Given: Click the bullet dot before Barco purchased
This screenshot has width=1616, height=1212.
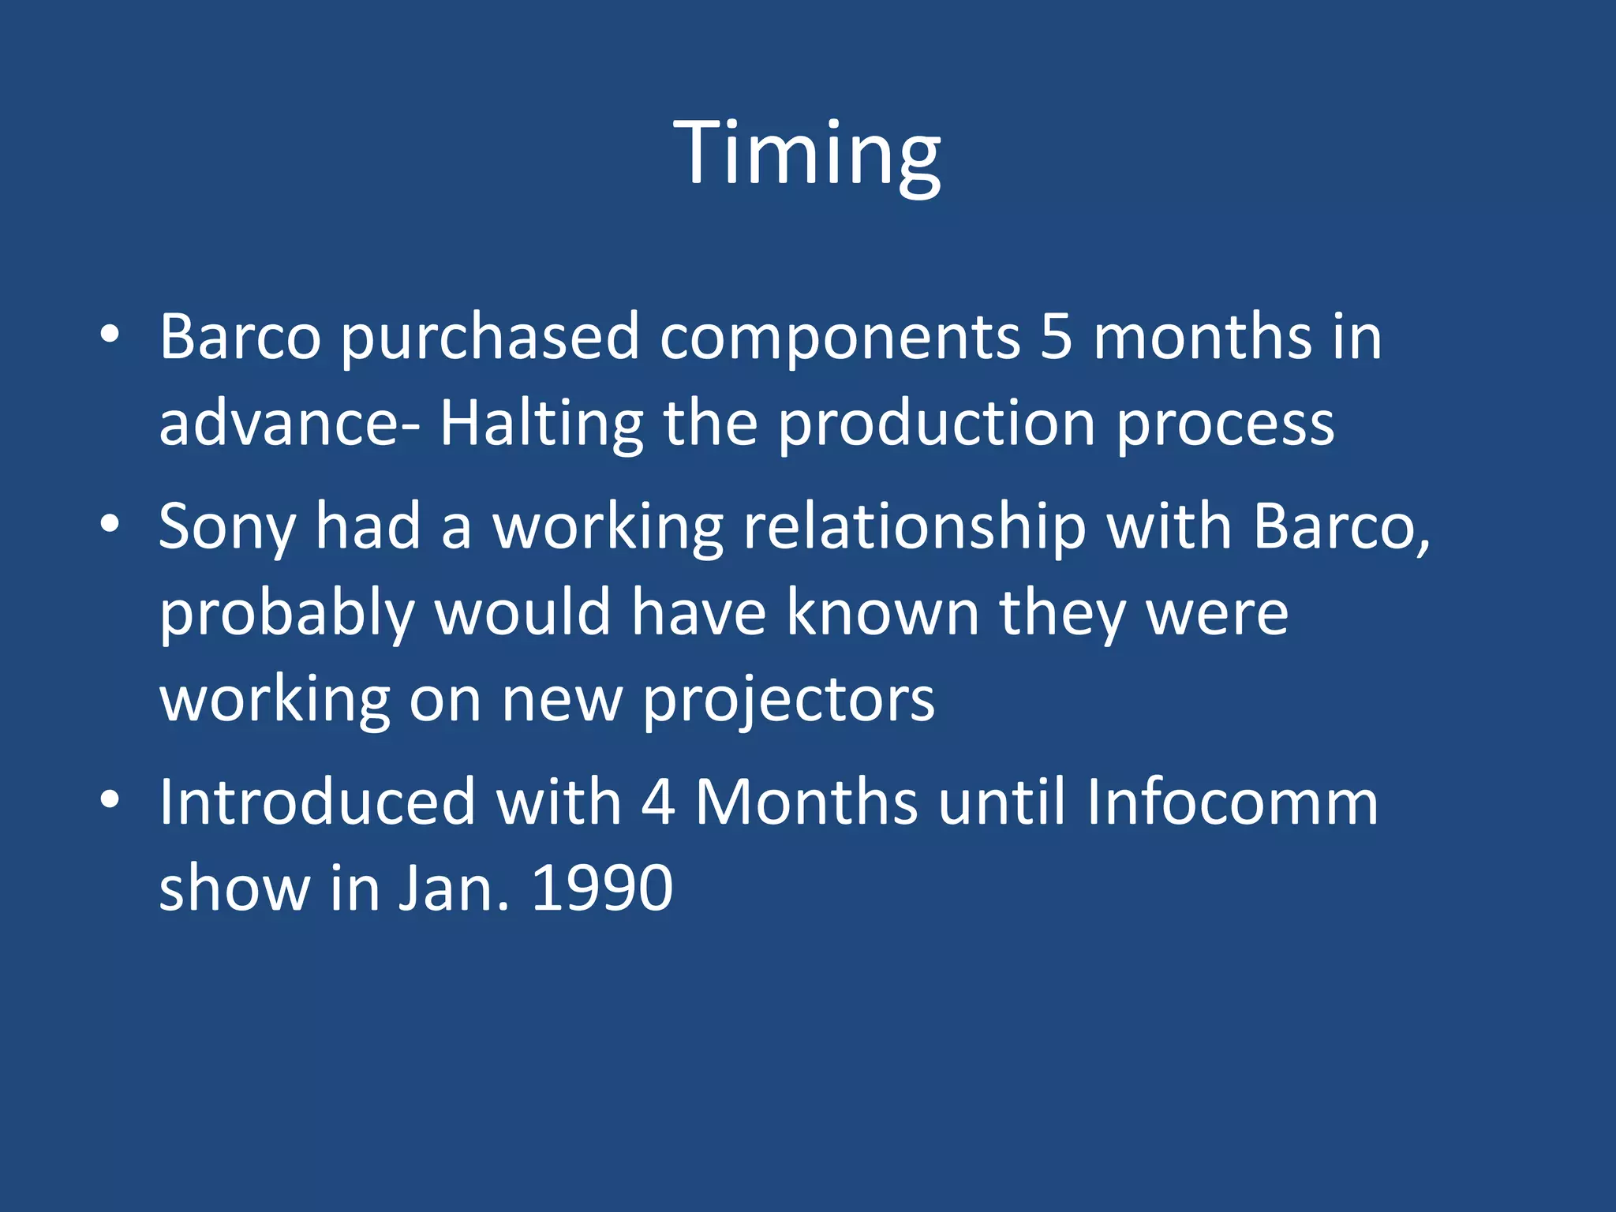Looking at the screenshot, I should [x=110, y=335].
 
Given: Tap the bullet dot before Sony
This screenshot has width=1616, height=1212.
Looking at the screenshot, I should [x=110, y=524].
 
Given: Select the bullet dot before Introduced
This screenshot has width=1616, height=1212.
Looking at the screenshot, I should [x=110, y=800].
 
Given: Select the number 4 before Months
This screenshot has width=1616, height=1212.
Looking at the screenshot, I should [x=658, y=802].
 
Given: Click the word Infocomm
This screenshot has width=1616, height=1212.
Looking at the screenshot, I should [x=1232, y=802].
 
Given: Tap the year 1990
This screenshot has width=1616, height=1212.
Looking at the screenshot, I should [x=602, y=888].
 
